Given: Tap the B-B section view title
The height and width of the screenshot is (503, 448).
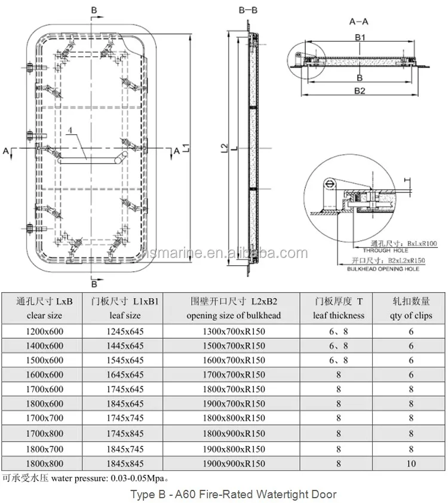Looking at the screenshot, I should point(248,10).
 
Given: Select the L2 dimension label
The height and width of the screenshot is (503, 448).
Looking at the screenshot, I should point(223,146).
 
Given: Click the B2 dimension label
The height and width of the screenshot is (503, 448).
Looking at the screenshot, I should point(359,91).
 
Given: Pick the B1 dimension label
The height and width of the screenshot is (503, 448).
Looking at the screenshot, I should point(360,38).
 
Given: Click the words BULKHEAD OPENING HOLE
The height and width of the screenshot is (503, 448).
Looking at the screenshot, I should point(383,269).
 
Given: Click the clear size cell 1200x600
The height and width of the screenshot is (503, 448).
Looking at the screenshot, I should point(37,331).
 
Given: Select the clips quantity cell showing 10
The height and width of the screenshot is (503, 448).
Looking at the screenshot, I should point(411,463).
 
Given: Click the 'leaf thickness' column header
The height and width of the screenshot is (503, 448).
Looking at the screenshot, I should point(338,315).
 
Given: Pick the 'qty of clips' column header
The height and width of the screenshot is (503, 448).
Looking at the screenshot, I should point(411,315).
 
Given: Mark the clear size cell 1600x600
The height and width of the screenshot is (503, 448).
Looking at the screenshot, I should point(37,375).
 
